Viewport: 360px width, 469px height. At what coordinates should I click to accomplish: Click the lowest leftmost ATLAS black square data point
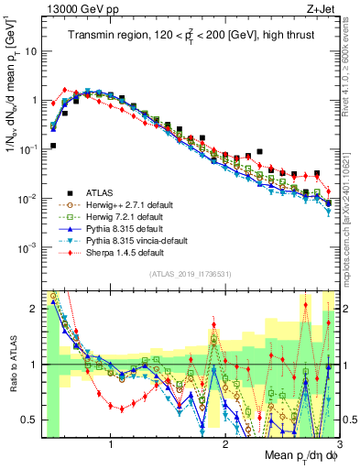tap(53, 146)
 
